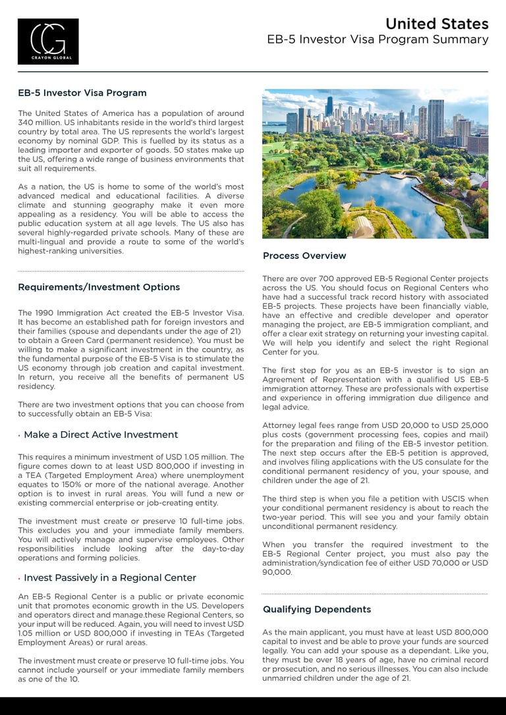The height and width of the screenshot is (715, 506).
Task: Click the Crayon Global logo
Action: (48, 41)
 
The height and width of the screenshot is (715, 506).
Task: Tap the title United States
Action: (437, 24)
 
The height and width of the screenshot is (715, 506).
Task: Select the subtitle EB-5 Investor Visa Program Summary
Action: (378, 40)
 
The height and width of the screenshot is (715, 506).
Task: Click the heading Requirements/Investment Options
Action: (99, 287)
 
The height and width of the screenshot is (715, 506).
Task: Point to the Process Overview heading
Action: (304, 255)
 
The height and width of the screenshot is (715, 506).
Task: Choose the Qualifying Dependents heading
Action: (317, 609)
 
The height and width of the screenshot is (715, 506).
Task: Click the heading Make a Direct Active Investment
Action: (101, 435)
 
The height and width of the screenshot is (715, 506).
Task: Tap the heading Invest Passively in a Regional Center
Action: (110, 577)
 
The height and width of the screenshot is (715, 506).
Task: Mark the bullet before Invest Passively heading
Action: (20, 578)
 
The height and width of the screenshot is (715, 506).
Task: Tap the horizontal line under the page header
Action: (253, 71)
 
